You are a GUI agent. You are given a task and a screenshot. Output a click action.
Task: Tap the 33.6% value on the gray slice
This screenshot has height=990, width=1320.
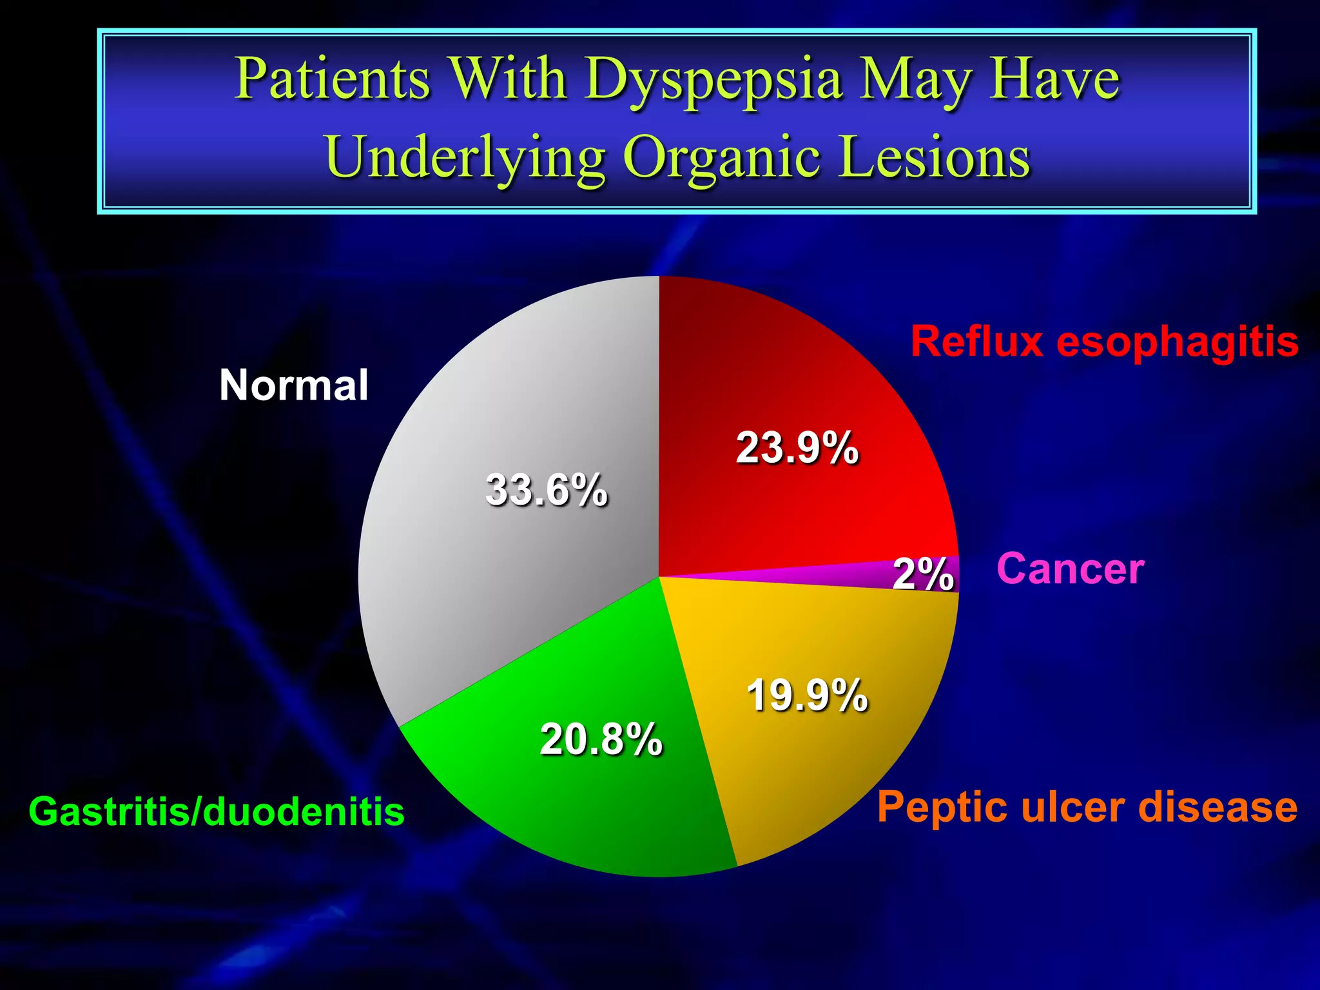coord(546,490)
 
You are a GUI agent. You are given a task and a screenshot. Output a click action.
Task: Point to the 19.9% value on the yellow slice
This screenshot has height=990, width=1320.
coord(807,695)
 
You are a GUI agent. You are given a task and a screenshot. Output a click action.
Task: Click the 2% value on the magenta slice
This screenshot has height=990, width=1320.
coord(923,573)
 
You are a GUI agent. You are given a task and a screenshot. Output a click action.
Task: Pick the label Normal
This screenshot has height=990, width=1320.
coord(293,385)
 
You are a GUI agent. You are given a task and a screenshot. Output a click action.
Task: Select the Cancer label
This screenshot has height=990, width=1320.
coord(1070,568)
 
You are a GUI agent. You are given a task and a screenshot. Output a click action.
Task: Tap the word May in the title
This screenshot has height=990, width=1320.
coord(915,81)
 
